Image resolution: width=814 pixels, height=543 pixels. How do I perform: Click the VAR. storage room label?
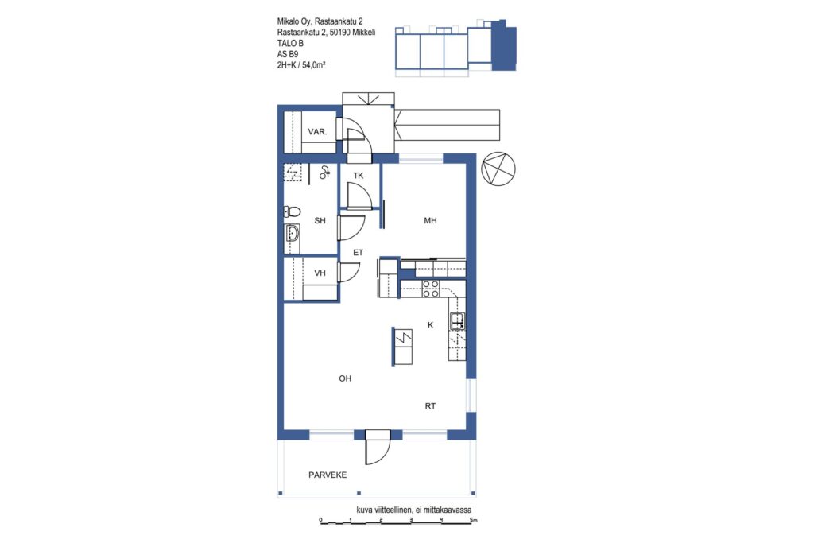coord(317,132)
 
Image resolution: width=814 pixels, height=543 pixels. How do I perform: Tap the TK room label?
coord(359,176)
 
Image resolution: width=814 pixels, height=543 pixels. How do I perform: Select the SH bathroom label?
coord(320,221)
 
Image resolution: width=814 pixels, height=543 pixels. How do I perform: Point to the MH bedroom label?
coord(430,221)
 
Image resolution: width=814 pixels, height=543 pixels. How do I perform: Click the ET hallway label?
coord(359,252)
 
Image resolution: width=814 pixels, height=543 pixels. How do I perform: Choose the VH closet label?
coord(320,273)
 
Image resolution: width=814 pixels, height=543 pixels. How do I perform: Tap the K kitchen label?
coord(430,325)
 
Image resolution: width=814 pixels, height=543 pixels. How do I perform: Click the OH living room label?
coord(345,378)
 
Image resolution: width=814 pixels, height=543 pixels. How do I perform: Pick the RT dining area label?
coord(430,406)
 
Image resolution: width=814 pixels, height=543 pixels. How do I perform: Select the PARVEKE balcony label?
coord(328,475)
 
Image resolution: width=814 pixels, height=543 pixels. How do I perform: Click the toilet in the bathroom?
coord(293,211)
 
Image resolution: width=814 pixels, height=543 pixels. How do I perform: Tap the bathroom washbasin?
coord(293,234)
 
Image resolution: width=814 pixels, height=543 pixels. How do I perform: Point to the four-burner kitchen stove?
coord(430,289)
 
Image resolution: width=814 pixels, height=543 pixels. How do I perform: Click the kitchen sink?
coord(457,321)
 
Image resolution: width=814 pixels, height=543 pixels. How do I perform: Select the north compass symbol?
coord(498,169)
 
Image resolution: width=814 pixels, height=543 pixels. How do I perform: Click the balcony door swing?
coord(378,448)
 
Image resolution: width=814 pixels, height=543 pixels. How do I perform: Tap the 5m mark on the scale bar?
coord(472,520)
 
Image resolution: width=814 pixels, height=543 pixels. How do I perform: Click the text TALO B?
coord(290,43)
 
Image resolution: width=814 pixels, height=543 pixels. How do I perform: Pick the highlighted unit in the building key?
coord(503,45)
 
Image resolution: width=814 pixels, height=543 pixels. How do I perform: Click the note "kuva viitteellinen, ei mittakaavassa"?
coord(413,510)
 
